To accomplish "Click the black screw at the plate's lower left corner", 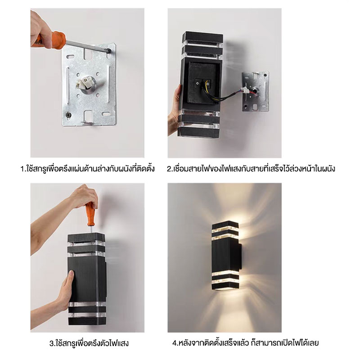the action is pos(68,115).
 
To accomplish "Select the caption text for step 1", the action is pos(87,169).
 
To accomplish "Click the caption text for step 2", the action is pos(251,169).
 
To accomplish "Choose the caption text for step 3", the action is pos(89,343).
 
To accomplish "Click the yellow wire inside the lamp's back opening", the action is pos(209,91).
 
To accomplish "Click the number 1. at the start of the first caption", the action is pos(23,169).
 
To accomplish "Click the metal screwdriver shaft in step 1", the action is pos(88,46).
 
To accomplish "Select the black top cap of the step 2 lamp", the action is pos(203,37).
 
